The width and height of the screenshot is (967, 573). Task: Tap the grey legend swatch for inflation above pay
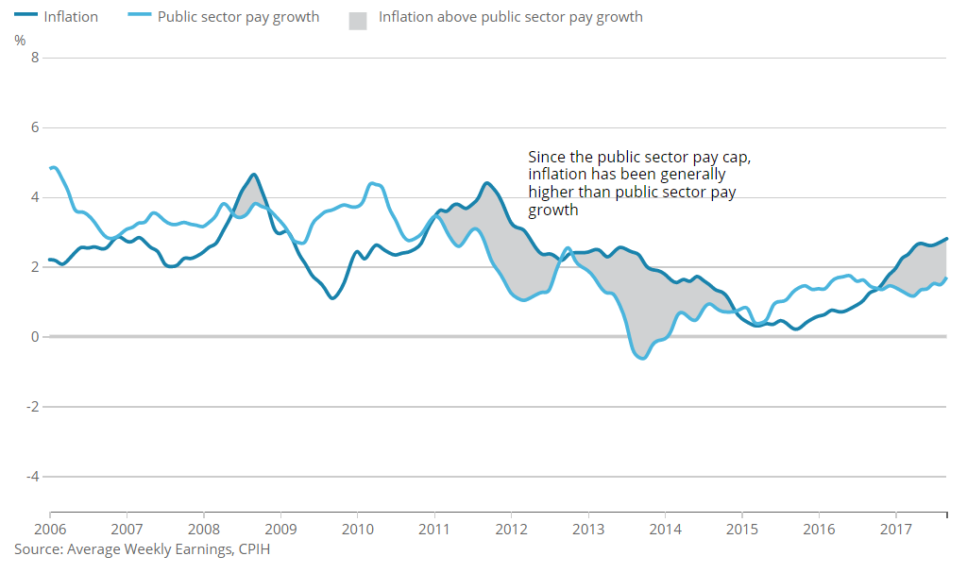(358, 18)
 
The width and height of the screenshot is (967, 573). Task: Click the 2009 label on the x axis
(280, 528)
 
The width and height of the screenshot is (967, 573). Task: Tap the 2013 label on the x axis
(588, 528)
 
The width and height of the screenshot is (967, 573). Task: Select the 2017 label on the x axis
(895, 528)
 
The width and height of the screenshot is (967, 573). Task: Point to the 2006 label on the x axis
(49, 528)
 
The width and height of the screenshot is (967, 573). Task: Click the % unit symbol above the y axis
(21, 40)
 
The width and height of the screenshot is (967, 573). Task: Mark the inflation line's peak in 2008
(253, 175)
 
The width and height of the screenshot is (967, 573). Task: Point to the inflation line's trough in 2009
(332, 298)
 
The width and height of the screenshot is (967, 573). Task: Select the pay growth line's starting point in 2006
(50, 168)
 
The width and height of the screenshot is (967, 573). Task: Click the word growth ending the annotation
(553, 210)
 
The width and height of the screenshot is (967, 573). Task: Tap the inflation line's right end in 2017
(945, 239)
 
